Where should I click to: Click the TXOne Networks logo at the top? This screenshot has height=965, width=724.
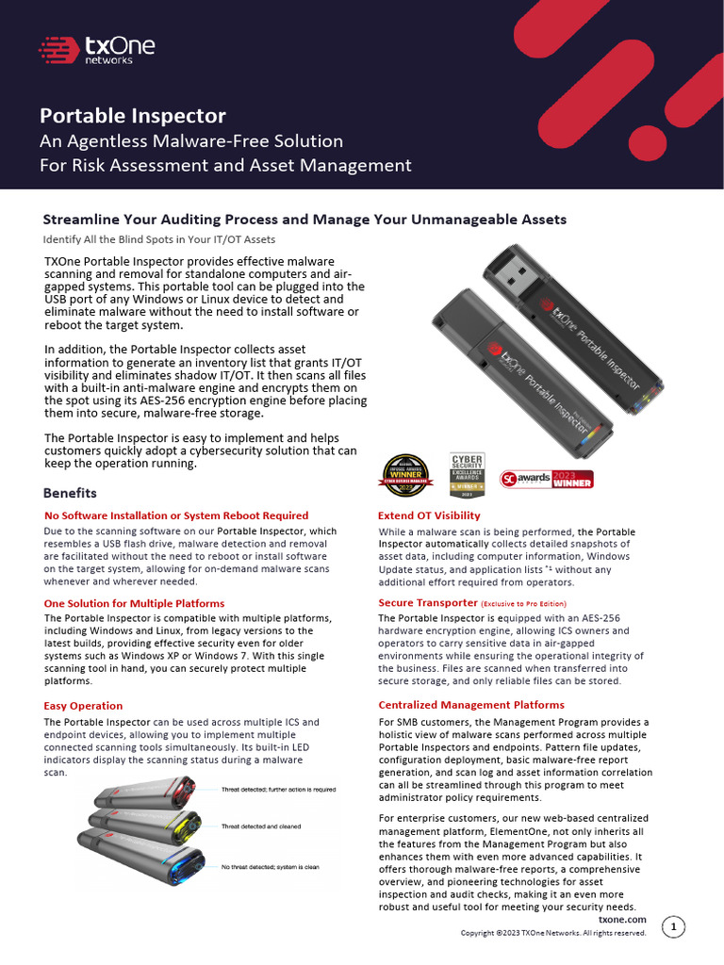[x=96, y=50]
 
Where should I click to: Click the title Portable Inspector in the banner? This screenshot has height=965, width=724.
[x=132, y=116]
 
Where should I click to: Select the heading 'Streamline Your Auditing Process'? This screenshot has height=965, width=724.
[x=304, y=219]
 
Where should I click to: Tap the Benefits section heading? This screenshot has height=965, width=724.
[x=70, y=493]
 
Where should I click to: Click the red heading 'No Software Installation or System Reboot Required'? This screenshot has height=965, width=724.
[x=176, y=515]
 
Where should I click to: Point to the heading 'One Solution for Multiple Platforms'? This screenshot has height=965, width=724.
[x=134, y=603]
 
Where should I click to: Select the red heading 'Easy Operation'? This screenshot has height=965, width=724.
[x=83, y=705]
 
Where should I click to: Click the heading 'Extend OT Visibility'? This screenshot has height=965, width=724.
[x=429, y=515]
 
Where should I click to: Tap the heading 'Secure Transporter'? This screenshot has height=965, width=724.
[x=427, y=602]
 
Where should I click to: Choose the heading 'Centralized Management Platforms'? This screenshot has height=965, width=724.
[x=471, y=705]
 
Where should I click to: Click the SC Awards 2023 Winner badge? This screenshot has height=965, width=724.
[x=547, y=478]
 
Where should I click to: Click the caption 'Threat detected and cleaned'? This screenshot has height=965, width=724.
[x=261, y=826]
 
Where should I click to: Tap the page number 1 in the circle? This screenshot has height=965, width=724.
[x=673, y=927]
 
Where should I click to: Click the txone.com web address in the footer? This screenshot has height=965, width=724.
[x=622, y=919]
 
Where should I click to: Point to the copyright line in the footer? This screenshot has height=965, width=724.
[x=552, y=933]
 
